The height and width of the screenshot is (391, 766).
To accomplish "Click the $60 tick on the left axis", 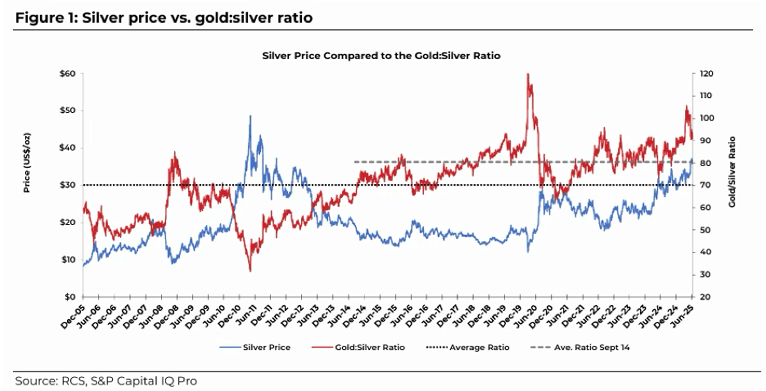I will pos(67,74).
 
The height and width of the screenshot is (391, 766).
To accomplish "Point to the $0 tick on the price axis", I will pos(69,297).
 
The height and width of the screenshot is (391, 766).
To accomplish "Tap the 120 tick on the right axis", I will pos(706,74).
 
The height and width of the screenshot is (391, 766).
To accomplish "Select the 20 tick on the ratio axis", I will pos(704,297).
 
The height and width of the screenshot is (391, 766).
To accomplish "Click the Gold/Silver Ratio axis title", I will pos(732,171).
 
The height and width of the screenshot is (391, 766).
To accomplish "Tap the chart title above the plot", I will pos(381,56).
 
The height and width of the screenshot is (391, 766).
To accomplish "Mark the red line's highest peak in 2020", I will pos(528,74).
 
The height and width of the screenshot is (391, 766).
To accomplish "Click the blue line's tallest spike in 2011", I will pos(250,116).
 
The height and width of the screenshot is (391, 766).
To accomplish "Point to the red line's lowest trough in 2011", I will pos(250,271).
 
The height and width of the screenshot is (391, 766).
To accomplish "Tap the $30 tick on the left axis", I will pos(67,185).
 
